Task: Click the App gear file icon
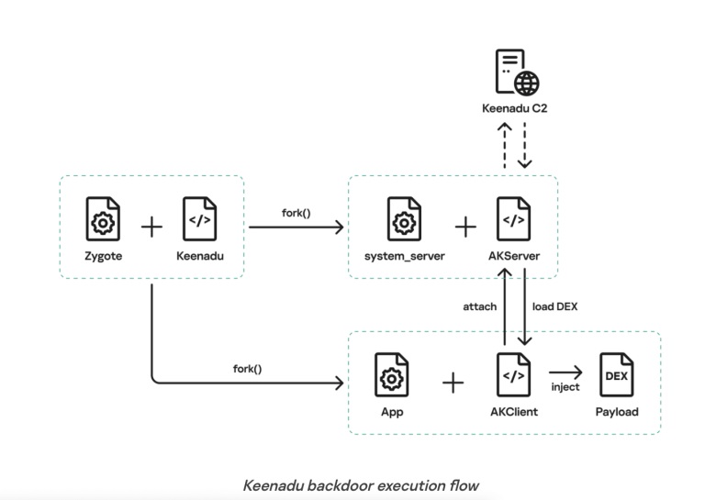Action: [x=392, y=375]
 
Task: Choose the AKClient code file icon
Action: [x=513, y=375]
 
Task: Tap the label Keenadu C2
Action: [x=514, y=108]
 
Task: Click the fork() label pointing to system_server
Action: [x=296, y=214]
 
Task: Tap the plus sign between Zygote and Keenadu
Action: [x=151, y=225]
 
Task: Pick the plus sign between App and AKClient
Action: [x=453, y=382]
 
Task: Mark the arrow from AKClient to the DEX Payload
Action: [x=565, y=372]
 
